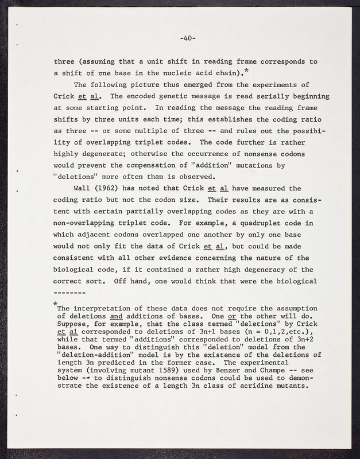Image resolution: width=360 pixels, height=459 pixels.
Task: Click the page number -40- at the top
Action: coord(188,38)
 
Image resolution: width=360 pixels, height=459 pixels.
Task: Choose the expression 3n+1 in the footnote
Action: coord(202,332)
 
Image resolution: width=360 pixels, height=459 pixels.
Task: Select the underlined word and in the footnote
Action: coord(115,316)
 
